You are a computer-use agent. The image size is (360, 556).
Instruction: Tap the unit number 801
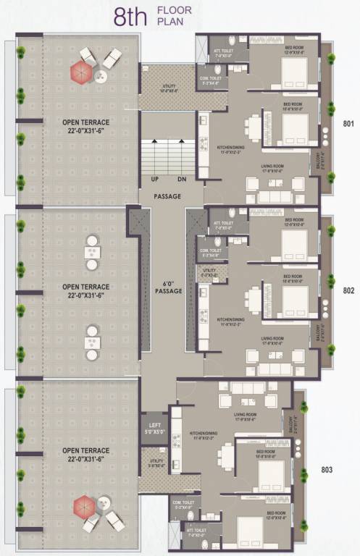[348, 123]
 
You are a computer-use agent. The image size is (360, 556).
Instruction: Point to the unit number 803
[327, 470]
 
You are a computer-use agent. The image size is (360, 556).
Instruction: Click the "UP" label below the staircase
[155, 179]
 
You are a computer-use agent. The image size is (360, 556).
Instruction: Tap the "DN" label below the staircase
[182, 179]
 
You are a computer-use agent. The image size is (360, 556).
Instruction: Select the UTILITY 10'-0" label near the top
[167, 88]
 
